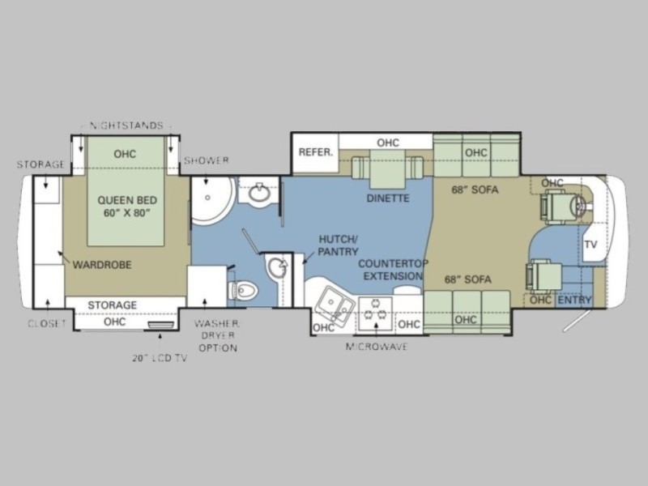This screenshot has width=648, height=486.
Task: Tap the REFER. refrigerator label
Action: tap(316, 152)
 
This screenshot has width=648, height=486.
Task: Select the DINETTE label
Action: tap(388, 198)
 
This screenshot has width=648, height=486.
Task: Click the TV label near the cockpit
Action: tap(591, 245)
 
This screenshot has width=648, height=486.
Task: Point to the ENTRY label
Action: tap(574, 300)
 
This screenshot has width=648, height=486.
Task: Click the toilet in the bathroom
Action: tap(244, 290)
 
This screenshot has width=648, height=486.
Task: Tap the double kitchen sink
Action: tap(335, 306)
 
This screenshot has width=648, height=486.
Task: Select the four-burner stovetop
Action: tap(375, 313)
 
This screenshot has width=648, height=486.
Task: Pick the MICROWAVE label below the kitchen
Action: tap(377, 347)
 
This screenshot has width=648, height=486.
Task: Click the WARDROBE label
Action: tap(102, 265)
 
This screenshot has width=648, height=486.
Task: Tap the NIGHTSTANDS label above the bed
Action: tap(126, 126)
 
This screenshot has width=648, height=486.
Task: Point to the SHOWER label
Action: tap(207, 160)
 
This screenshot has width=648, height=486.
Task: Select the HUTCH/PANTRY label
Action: tap(338, 245)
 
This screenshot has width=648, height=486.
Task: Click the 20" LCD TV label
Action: tap(160, 358)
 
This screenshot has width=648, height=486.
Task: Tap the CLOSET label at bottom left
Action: tap(47, 323)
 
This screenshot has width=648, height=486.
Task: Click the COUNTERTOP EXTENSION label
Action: tap(393, 270)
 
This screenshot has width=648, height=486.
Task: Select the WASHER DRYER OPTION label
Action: tap(218, 335)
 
